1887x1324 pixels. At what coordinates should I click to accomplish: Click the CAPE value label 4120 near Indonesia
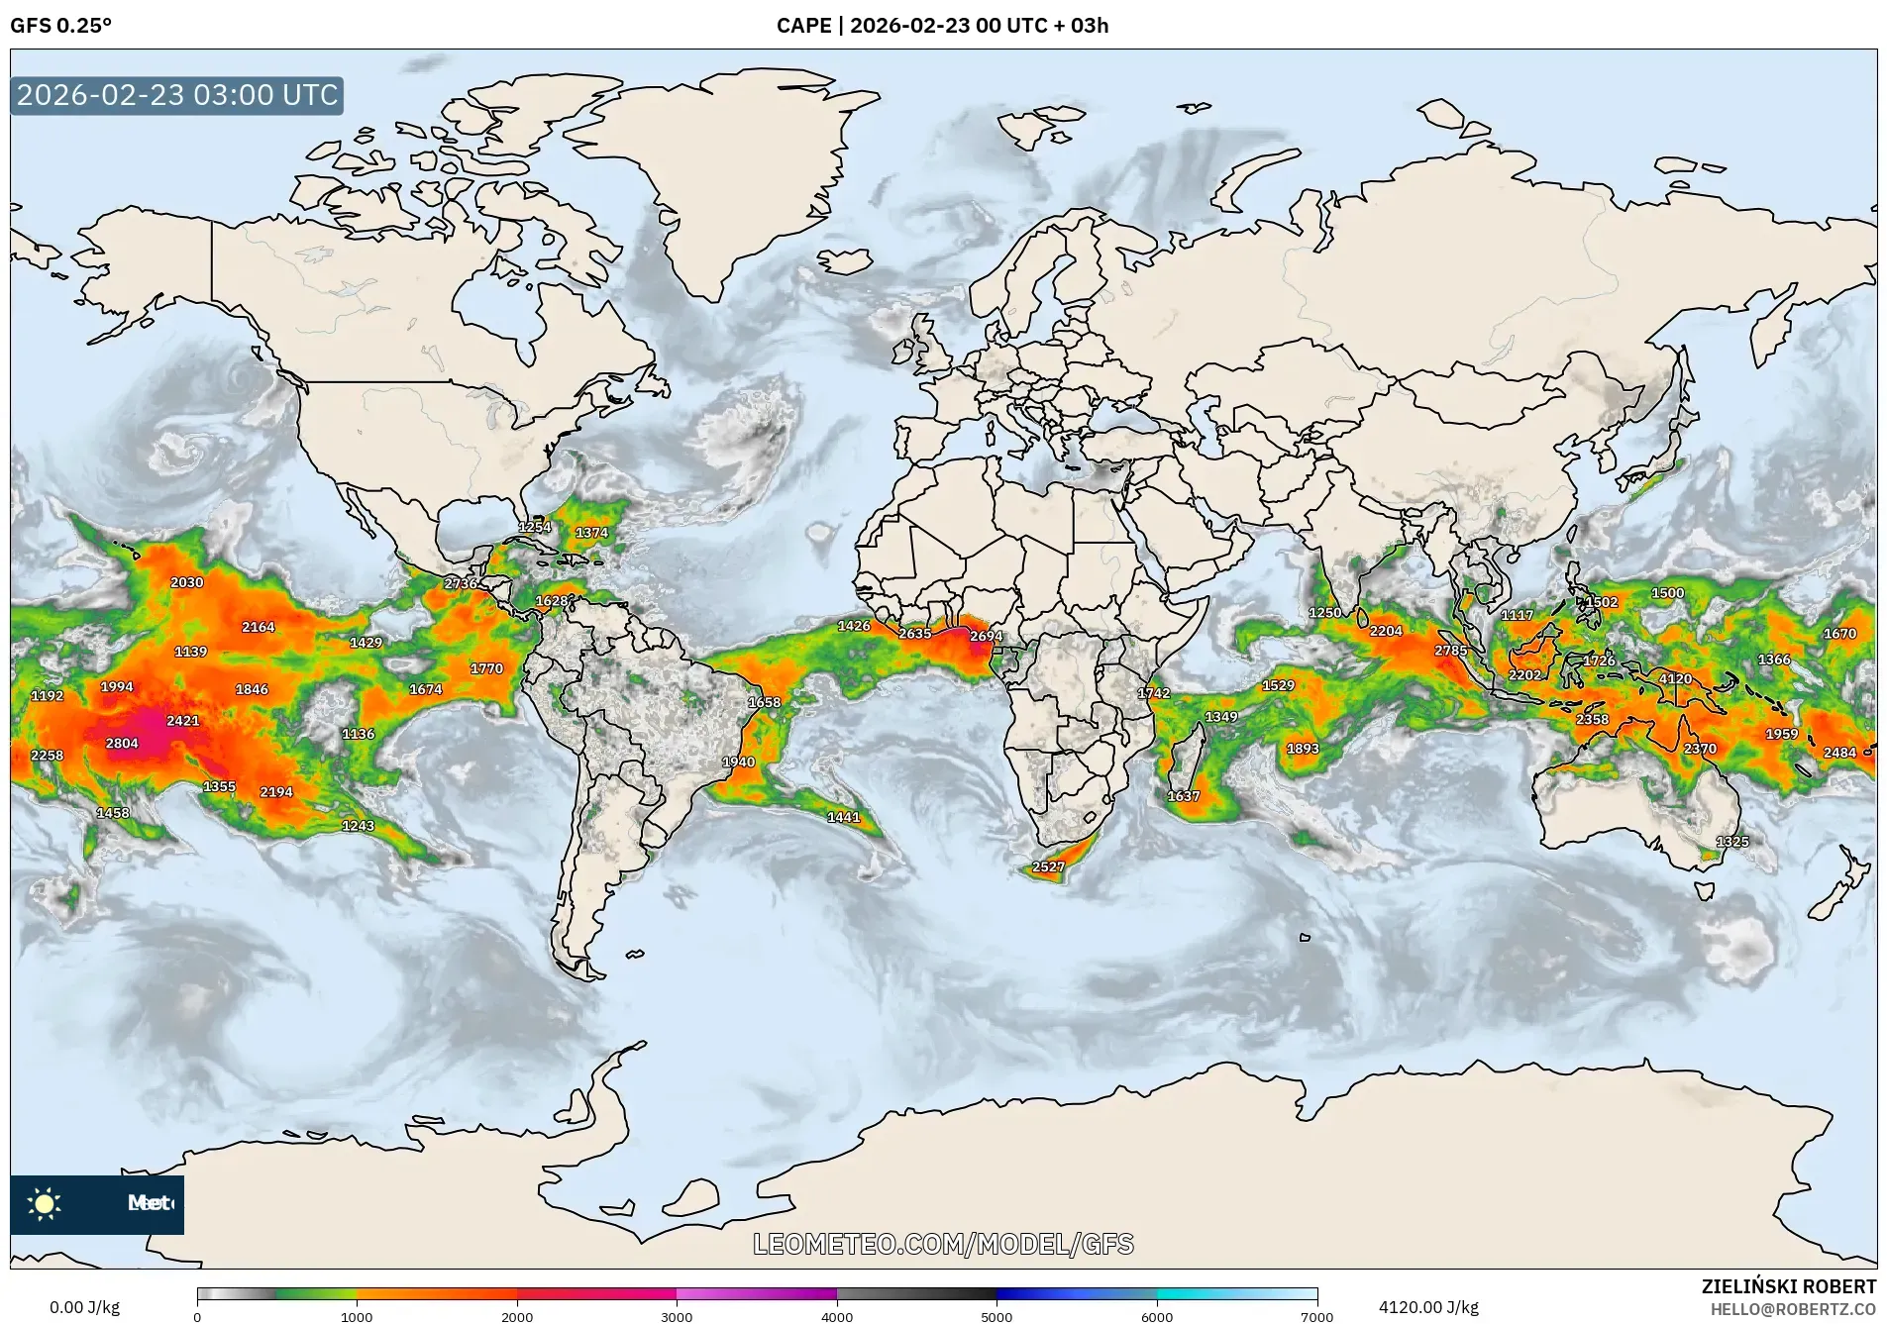[x=1675, y=678]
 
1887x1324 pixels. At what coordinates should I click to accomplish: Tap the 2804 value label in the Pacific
[x=122, y=743]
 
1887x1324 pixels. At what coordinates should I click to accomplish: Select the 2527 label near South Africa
[x=1048, y=866]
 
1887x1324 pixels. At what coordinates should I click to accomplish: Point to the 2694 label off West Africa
[x=986, y=636]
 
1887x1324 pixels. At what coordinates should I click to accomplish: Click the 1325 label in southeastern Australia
[x=1732, y=842]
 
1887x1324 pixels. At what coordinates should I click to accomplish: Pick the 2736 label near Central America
[x=461, y=583]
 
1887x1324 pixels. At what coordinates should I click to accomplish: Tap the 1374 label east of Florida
[x=591, y=533]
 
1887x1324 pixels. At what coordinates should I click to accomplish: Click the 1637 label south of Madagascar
[x=1183, y=796]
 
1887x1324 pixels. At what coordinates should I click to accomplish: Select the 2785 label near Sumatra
[x=1450, y=651]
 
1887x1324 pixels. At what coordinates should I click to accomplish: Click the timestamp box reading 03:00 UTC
[x=177, y=95]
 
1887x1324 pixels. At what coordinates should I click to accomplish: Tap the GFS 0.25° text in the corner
[x=60, y=26]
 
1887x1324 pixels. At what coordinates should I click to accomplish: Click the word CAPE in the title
[x=803, y=26]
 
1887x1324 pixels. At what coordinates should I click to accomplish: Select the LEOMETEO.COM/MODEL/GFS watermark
[x=943, y=1244]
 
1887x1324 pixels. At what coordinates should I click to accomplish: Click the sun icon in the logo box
[x=45, y=1203]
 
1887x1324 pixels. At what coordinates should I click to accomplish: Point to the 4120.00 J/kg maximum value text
[x=1428, y=1307]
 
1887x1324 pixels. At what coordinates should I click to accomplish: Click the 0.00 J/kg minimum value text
[x=84, y=1307]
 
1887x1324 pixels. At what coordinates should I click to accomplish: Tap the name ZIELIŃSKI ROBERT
[x=1788, y=1286]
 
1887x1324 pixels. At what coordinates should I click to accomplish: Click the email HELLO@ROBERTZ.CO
[x=1793, y=1309]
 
